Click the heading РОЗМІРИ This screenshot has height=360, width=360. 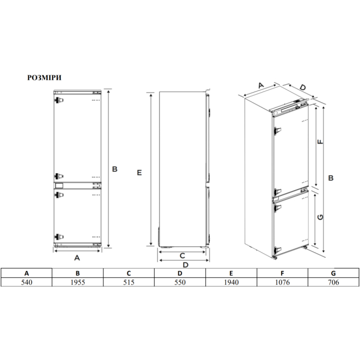[x=44, y=78]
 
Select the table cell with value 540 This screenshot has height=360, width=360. [x=27, y=282]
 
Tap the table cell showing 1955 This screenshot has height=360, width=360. [x=78, y=282]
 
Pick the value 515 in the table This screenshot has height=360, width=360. [x=129, y=282]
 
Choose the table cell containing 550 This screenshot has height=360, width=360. [x=180, y=282]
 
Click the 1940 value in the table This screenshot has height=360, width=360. [x=231, y=282]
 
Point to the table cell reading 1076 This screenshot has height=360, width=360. [x=282, y=282]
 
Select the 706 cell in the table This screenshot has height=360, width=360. [x=334, y=282]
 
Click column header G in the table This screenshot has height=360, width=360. [x=334, y=273]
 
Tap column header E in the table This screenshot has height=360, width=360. [x=231, y=273]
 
